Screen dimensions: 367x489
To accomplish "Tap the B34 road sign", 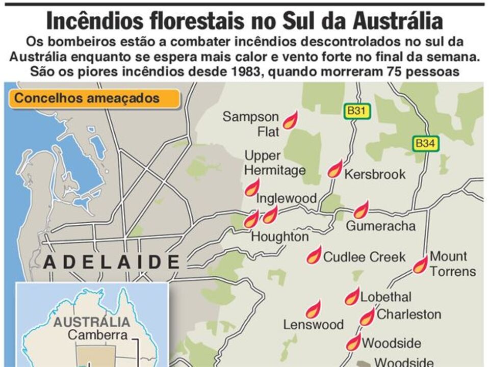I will (425, 144).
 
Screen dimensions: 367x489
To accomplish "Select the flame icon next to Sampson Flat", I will (290, 121).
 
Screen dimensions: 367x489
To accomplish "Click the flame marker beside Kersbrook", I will (334, 169).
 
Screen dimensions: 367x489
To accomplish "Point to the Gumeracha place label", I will (381, 226).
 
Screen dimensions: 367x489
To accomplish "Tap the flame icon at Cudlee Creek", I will (314, 255).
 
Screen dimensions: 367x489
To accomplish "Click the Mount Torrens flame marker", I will (420, 265).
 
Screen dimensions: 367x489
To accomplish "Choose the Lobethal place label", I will (385, 297).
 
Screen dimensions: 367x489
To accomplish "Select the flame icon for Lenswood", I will (313, 309).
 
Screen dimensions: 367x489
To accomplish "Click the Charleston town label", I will (408, 314).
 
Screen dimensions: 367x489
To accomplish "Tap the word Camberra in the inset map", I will (97, 335).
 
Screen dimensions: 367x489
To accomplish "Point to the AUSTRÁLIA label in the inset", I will (92, 322).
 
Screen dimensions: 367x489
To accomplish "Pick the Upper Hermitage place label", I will (275, 163).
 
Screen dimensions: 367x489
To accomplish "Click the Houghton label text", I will (280, 237).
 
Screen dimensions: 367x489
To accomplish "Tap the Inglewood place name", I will (286, 198).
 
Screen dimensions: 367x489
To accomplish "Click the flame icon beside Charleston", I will (367, 318).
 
